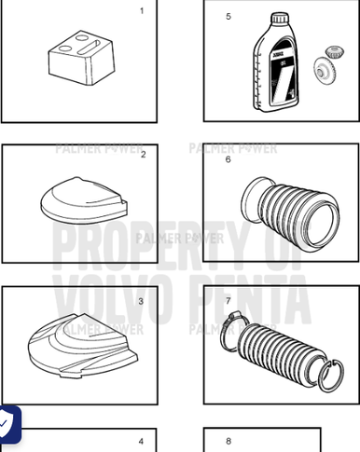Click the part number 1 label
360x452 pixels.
(142, 11)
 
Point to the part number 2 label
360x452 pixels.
(143, 155)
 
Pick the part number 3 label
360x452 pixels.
(141, 301)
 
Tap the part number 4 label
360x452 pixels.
(142, 441)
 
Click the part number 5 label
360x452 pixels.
(228, 17)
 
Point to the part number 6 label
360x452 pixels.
(228, 159)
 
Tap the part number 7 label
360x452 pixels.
(228, 301)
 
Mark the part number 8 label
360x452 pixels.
(228, 441)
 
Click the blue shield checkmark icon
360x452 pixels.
(8, 424)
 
